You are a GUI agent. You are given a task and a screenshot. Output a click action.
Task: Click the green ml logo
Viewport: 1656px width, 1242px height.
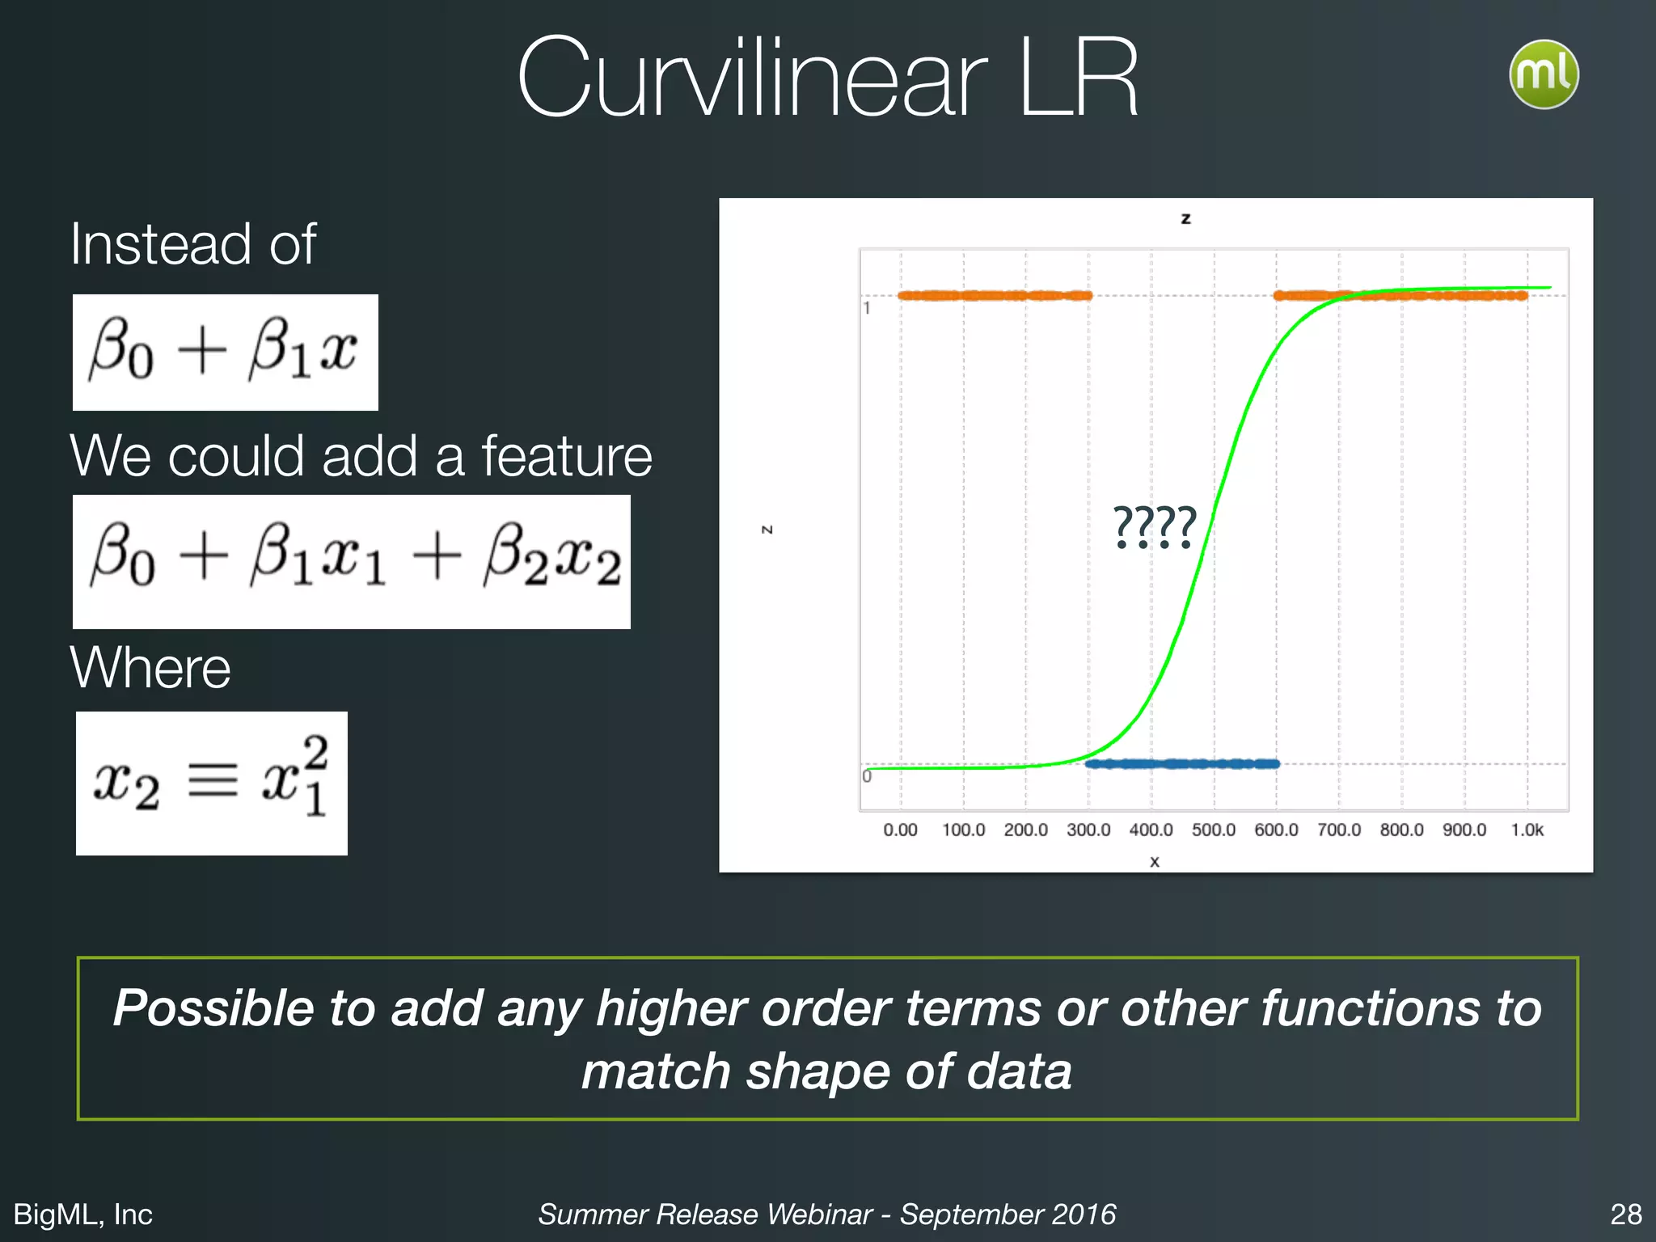(1544, 74)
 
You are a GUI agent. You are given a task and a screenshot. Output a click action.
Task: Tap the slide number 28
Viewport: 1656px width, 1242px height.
(1625, 1214)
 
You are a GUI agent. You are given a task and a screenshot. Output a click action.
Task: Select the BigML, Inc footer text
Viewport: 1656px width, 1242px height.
(83, 1214)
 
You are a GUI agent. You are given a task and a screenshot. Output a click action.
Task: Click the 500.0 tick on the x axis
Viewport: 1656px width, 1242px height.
(1213, 830)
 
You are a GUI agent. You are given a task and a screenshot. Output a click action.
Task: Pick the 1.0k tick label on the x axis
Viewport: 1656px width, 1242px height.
(1527, 830)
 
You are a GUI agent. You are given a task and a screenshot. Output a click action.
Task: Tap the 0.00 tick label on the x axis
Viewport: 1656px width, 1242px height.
(900, 830)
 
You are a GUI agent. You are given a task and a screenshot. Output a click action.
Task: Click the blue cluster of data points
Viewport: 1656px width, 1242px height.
(1181, 763)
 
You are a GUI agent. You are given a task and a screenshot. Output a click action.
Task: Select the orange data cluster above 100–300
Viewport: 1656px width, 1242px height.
(995, 295)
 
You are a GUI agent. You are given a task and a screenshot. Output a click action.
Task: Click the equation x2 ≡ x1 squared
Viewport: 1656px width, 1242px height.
(212, 783)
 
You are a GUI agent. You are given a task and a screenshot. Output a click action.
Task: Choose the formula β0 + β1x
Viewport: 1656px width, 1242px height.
(225, 352)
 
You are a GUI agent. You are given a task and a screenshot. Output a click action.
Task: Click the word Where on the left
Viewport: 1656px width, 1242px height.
(150, 668)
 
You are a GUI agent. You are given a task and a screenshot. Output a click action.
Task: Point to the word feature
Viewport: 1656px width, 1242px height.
(567, 456)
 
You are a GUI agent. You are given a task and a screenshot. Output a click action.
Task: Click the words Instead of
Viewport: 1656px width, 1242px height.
(192, 243)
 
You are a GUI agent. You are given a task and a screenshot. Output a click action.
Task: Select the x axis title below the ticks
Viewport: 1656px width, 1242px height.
(1155, 862)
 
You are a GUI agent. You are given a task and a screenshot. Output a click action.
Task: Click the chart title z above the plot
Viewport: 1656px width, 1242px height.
(1185, 218)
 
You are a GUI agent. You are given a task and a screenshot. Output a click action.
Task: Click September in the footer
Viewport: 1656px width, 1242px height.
(950, 1214)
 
